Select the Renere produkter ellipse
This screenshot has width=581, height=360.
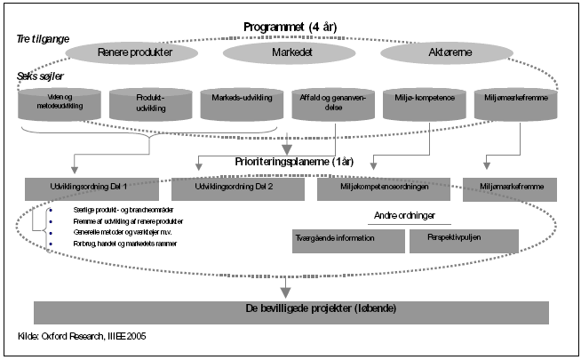134,52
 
